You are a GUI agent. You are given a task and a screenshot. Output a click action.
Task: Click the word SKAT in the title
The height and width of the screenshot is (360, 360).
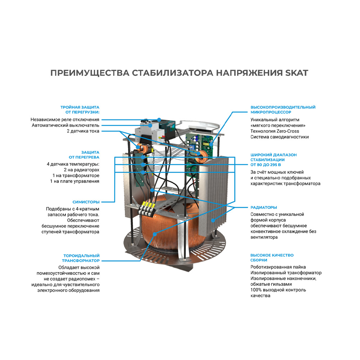(x=296, y=73)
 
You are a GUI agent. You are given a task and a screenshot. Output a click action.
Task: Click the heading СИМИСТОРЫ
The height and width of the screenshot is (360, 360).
(x=86, y=202)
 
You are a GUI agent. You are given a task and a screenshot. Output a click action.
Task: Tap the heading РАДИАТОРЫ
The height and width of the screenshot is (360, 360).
(x=264, y=207)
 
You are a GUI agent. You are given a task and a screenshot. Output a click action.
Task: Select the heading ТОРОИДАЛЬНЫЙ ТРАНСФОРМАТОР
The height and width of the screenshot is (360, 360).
(x=81, y=258)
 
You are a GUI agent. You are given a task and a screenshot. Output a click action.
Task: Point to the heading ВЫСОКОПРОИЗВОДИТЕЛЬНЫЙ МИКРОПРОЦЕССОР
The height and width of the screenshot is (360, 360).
(x=283, y=109)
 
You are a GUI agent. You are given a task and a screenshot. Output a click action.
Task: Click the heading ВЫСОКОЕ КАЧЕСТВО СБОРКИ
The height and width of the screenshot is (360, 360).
(x=272, y=258)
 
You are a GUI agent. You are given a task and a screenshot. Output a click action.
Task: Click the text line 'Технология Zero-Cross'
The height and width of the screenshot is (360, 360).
(x=275, y=131)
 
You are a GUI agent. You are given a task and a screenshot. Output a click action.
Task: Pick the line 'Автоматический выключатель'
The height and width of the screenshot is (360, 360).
(x=66, y=125)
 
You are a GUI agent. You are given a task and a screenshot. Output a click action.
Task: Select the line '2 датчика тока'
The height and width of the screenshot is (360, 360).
(x=83, y=131)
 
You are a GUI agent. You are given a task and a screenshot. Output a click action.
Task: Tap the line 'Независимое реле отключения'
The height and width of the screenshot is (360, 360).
(x=65, y=120)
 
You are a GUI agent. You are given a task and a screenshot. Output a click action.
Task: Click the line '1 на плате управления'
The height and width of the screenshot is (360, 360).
(x=75, y=181)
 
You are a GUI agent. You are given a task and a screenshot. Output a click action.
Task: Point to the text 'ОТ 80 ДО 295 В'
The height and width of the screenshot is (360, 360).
(x=266, y=165)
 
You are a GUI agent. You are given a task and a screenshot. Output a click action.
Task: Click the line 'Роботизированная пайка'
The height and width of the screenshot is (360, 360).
(x=278, y=267)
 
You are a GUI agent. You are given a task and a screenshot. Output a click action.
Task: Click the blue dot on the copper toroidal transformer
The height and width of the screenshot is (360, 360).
(x=155, y=234)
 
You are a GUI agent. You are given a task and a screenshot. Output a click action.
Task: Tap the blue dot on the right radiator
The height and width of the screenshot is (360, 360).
(x=213, y=220)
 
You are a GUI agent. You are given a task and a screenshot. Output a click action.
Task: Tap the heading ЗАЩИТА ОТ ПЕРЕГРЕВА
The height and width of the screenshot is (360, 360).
(x=84, y=155)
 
